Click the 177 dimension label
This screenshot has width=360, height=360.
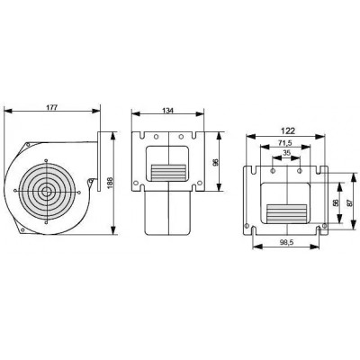pyautogui.click(x=52, y=107)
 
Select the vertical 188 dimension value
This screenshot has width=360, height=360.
pyautogui.click(x=110, y=183)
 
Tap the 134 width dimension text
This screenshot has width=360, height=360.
pyautogui.click(x=168, y=111)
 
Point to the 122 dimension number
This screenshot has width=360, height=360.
pyautogui.click(x=288, y=130)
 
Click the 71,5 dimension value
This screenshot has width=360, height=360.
pyautogui.click(x=285, y=142)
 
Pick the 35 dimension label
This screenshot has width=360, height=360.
pyautogui.click(x=287, y=153)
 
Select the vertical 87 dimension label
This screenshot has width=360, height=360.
pyautogui.click(x=348, y=203)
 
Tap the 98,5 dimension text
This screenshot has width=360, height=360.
pyautogui.click(x=286, y=243)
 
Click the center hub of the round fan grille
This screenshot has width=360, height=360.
pyautogui.click(x=46, y=191)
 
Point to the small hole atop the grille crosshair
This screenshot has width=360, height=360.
pyautogui.click(x=46, y=160)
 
